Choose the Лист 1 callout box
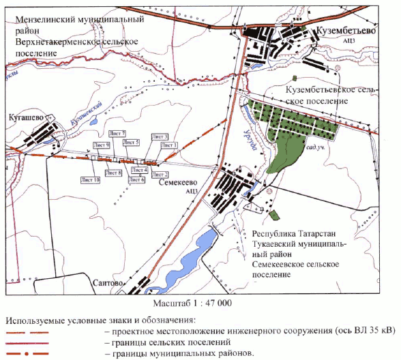pyautogui.click(x=168, y=145)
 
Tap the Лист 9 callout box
pyautogui.click(x=102, y=145)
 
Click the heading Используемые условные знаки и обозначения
pyautogui.click(x=99, y=320)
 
